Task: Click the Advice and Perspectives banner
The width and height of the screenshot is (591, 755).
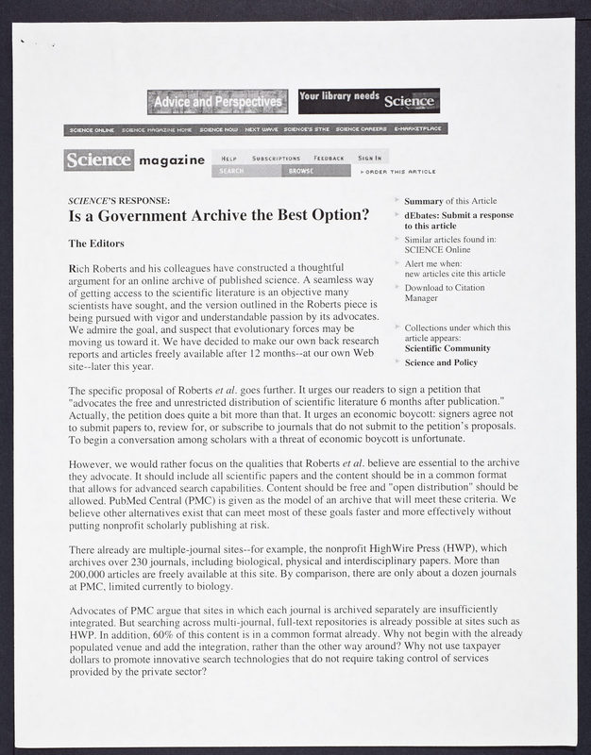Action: [x=217, y=101]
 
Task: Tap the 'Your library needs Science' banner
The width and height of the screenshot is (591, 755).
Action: [x=367, y=100]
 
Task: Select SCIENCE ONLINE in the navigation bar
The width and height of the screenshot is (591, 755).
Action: [x=92, y=129]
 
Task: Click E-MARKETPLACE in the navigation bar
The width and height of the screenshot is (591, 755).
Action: [x=419, y=129]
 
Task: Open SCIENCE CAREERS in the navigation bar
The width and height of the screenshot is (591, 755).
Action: [x=361, y=129]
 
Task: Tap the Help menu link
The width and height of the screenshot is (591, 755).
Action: [x=229, y=158]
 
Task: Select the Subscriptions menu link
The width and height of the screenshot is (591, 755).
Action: [x=276, y=158]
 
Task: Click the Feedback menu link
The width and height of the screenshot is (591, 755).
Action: [x=329, y=158]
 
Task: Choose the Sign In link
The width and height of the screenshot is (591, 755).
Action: [x=369, y=158]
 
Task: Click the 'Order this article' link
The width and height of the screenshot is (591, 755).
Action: [x=399, y=172]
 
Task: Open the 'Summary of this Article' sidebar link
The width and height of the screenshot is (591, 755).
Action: [x=449, y=202]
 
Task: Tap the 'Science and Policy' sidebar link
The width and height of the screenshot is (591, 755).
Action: [x=441, y=362]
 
